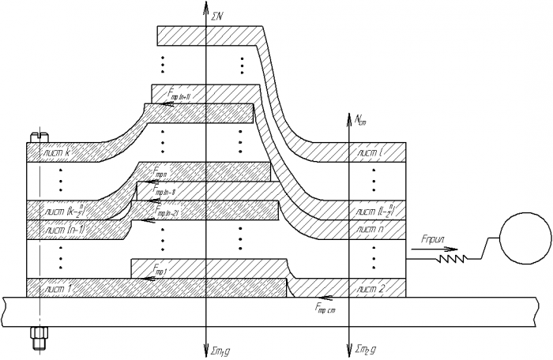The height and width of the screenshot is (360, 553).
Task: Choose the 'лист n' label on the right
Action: tap(370, 229)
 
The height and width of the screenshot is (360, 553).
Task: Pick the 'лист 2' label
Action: tap(370, 288)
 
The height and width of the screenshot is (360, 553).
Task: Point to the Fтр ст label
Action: tap(325, 309)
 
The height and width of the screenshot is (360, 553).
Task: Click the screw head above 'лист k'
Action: tap(35, 137)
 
